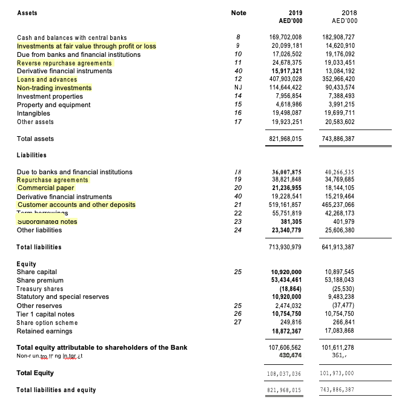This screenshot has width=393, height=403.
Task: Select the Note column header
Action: point(239,13)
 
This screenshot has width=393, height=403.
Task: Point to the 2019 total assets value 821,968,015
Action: point(285,139)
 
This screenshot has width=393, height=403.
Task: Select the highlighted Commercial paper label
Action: point(46,188)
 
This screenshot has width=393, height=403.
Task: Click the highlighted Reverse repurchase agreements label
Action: point(64,63)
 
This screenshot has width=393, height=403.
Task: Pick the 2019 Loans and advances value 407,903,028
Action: point(285,79)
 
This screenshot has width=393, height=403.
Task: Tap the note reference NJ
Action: point(239,88)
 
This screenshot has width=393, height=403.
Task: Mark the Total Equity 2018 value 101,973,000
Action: point(340,373)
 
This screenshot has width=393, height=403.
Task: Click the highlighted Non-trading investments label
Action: point(54,88)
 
